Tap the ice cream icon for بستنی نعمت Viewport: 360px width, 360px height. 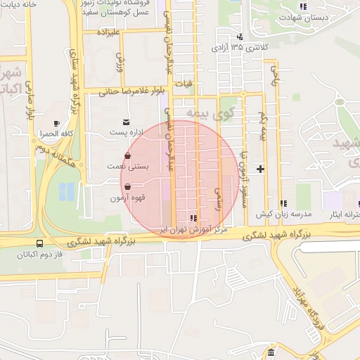tap(127, 156)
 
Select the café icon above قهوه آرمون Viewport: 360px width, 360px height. tap(127, 187)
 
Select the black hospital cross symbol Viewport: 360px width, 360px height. tap(261, 169)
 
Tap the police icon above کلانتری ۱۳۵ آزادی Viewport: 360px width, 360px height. tap(240, 37)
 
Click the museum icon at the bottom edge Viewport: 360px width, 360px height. tap(271, 352)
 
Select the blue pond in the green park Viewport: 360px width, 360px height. tap(67, 190)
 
